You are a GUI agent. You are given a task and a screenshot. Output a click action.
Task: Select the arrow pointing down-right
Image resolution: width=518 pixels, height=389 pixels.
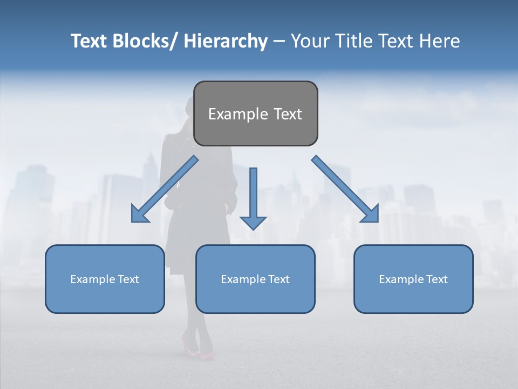[346, 190]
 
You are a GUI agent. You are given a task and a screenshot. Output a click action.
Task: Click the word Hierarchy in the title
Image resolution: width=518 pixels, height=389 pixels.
[226, 41]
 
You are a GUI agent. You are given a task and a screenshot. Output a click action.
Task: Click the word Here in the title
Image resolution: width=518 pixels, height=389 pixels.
[440, 41]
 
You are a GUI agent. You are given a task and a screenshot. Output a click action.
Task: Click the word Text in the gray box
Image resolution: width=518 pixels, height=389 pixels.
[287, 114]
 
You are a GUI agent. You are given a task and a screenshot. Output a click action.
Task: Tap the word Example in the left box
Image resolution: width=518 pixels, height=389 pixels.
[92, 279]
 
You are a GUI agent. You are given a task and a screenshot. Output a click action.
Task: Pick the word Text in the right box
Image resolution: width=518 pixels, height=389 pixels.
[436, 279]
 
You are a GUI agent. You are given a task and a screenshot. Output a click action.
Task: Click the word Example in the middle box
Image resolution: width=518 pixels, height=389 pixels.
[242, 279]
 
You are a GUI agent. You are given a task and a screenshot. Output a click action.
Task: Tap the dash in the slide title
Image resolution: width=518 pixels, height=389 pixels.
[279, 41]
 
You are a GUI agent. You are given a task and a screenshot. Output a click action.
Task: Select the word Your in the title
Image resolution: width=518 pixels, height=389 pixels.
[308, 41]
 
